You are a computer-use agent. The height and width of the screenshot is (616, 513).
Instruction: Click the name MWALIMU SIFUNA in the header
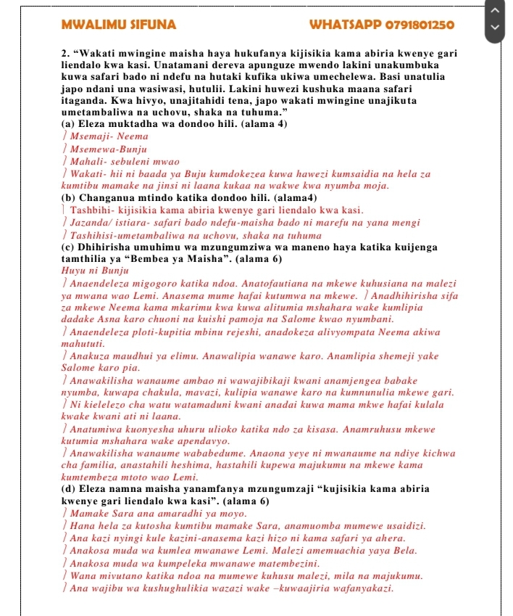119,25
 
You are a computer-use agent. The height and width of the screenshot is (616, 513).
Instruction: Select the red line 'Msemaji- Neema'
108,136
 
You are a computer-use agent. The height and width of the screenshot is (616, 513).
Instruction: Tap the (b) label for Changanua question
70,197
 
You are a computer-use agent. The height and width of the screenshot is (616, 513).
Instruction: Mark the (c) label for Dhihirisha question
70,247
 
